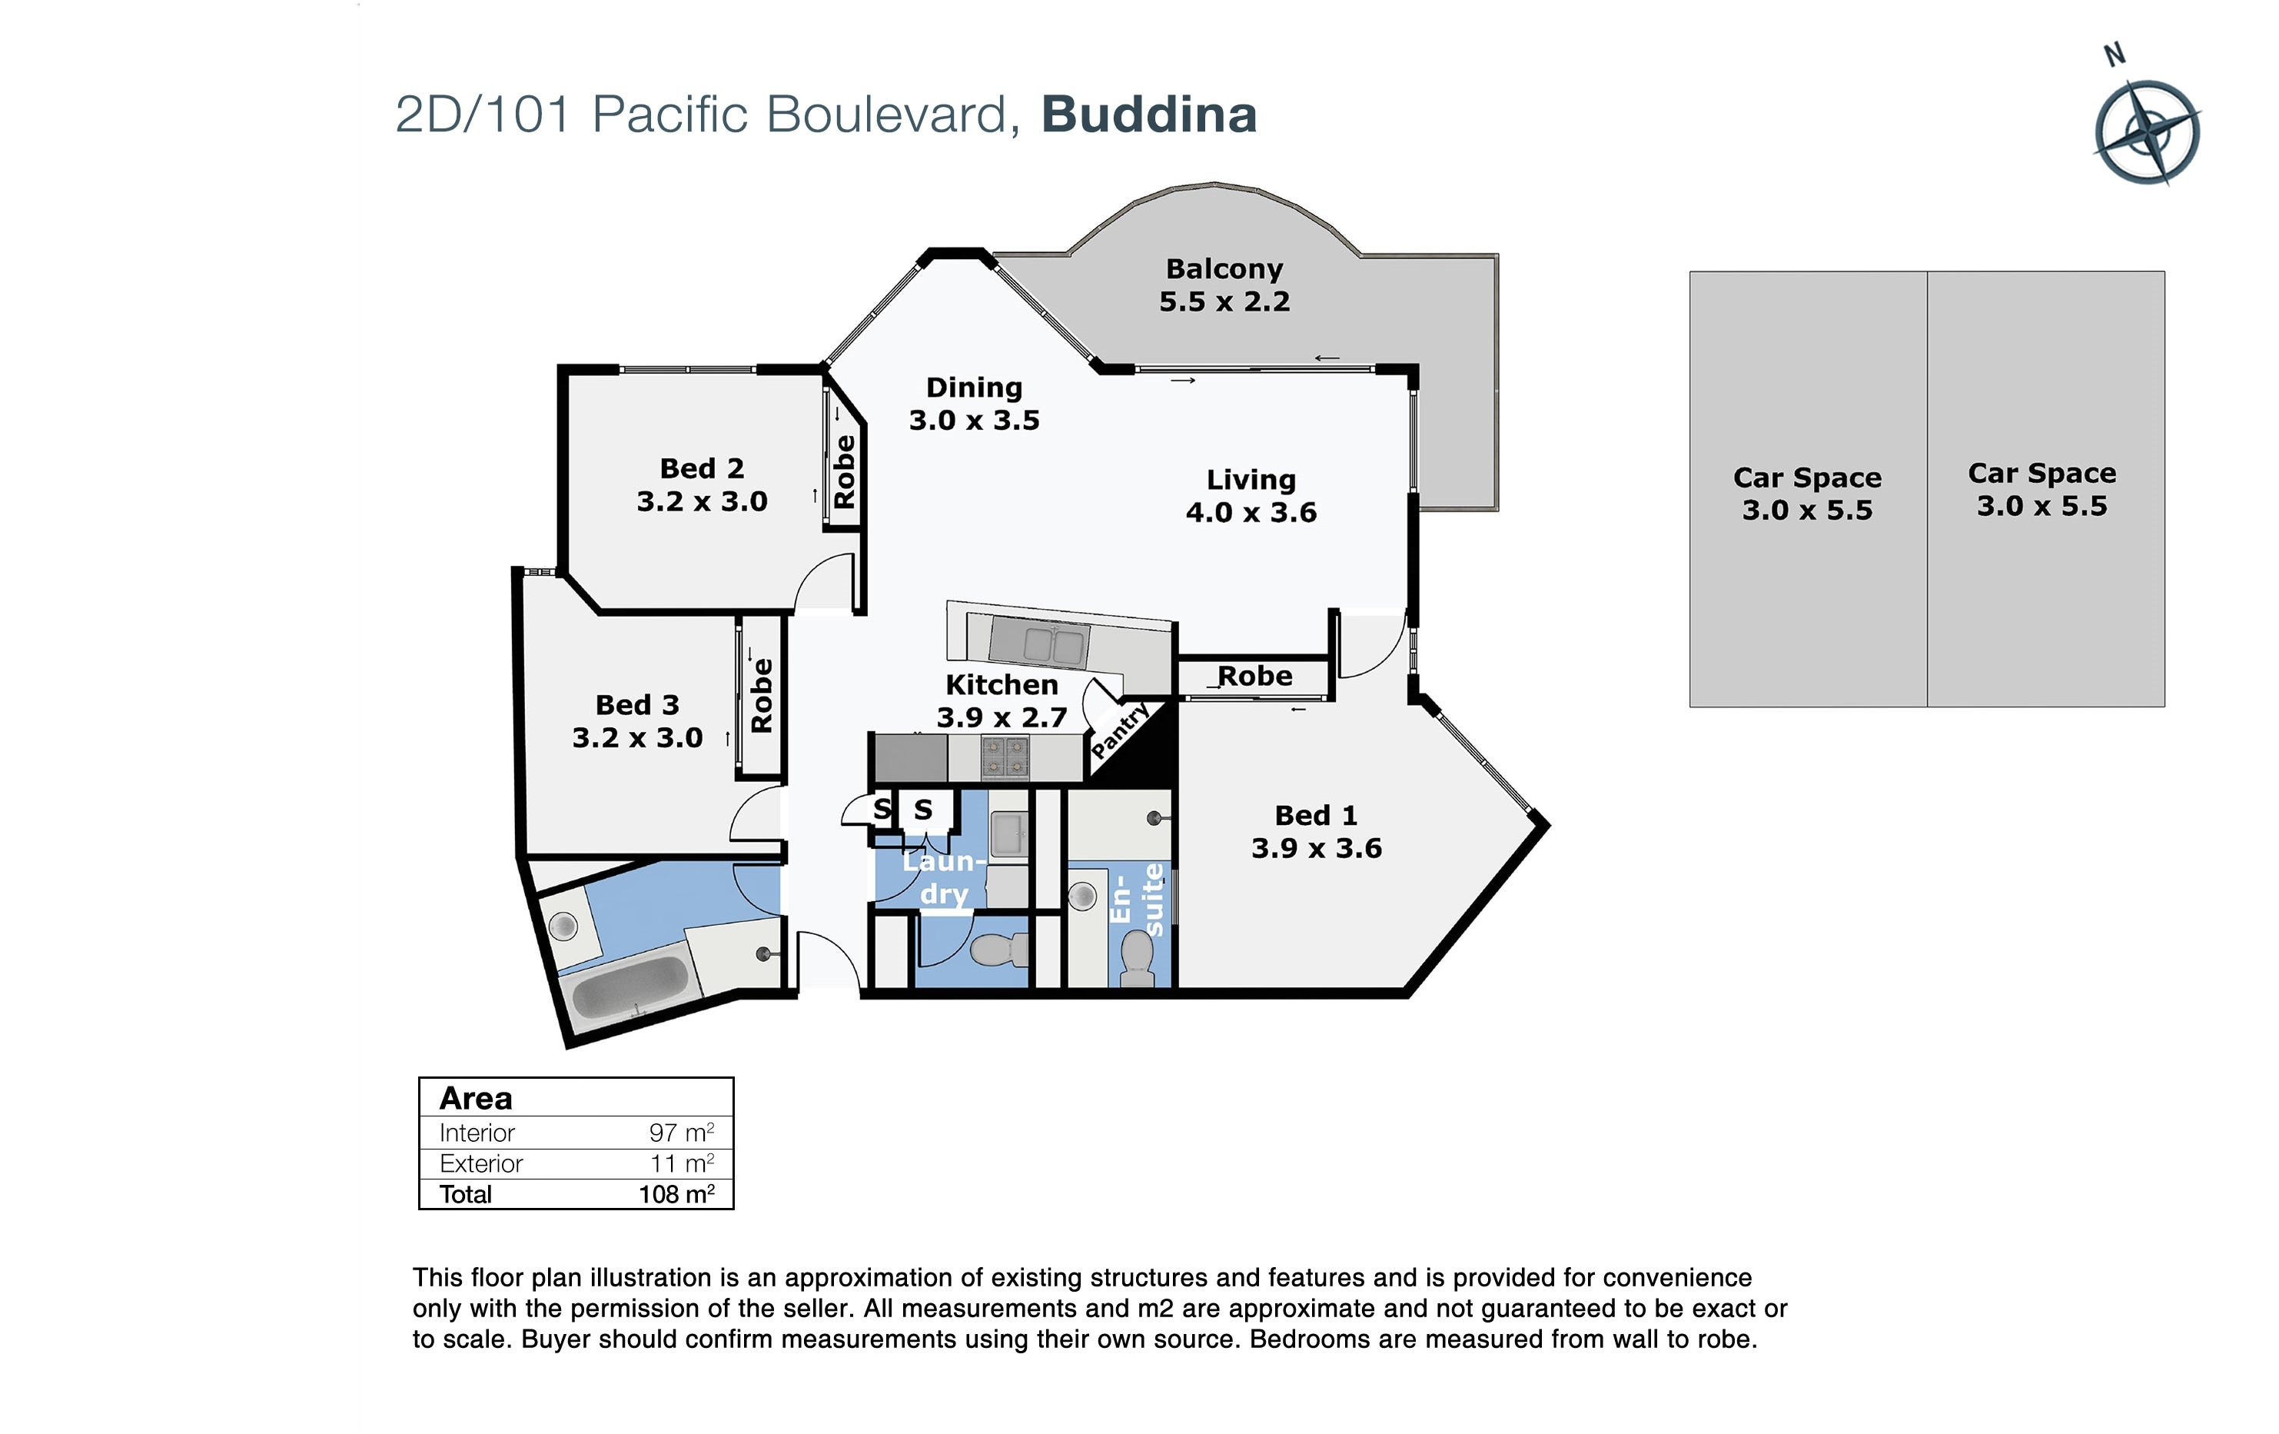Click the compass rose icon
click(x=2147, y=131)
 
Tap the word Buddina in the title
click(x=1149, y=115)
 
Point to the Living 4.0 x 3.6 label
click(x=1251, y=496)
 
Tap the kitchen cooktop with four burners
click(x=1004, y=757)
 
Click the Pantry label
click(x=1121, y=730)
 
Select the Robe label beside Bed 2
click(x=843, y=472)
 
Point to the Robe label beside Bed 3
click(x=761, y=696)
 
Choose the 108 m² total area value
click(x=676, y=1193)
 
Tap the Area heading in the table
click(x=476, y=1098)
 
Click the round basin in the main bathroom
click(x=564, y=925)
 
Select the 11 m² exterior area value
click(x=682, y=1163)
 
